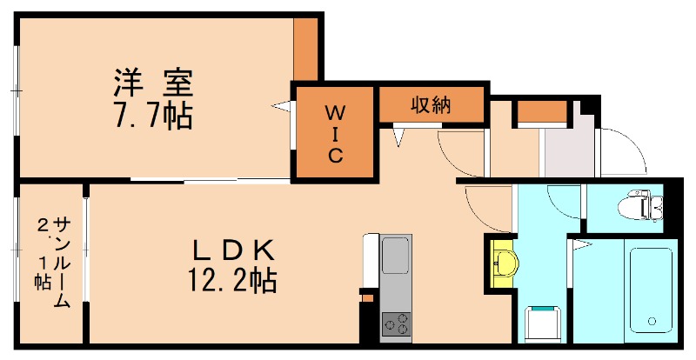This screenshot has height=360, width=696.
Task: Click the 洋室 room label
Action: click(151, 84)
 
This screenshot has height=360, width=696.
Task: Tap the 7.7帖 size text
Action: click(151, 116)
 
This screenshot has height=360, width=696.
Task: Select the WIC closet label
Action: click(334, 134)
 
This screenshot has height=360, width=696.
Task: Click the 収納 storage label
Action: click(430, 105)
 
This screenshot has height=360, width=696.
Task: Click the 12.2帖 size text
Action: click(233, 280)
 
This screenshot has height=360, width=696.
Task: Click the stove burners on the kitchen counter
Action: click(396, 323)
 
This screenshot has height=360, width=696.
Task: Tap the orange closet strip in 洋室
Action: click(305, 49)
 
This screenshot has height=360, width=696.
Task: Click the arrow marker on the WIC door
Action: click(282, 106)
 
